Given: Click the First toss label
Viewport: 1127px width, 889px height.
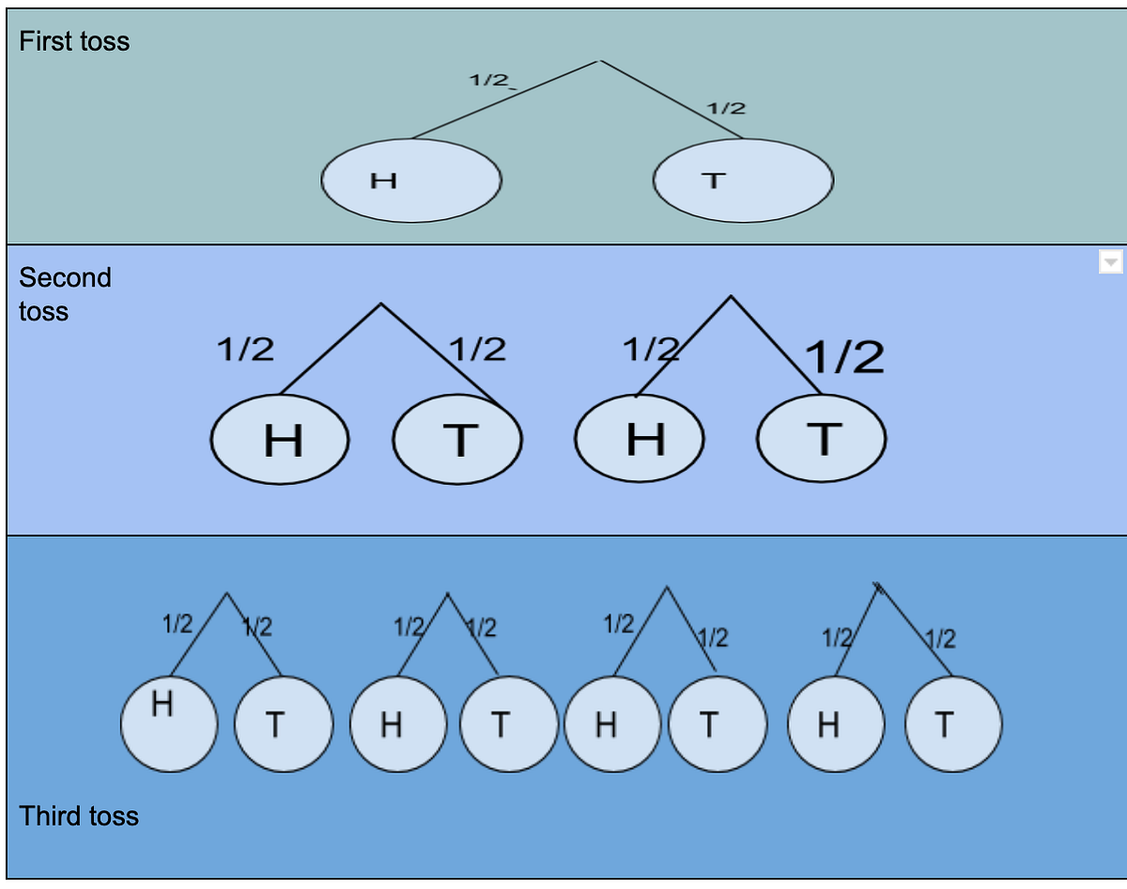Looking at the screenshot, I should point(74,41).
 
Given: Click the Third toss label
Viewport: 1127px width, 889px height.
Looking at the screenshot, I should point(79,816).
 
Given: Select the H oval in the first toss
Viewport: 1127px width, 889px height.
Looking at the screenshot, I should point(410,180).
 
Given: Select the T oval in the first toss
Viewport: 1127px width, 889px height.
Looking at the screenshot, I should point(742,180).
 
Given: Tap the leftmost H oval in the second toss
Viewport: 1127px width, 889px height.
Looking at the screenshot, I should point(280,439).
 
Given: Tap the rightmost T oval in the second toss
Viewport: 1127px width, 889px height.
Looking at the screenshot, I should point(822,439).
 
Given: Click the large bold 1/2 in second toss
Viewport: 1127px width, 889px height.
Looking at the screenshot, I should point(844,357).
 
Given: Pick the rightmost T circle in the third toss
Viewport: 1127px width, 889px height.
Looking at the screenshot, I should point(952,724).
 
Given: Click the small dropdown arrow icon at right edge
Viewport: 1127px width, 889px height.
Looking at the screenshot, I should point(1110,262).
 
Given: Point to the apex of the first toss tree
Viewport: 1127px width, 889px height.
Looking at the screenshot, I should point(598,61).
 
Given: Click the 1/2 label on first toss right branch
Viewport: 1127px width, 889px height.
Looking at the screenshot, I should point(726,108).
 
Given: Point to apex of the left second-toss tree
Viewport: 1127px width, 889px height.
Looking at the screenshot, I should point(380,304).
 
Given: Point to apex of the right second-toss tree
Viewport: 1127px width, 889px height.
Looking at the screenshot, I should point(731,296).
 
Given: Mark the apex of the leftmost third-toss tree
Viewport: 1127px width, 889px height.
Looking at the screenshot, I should point(226,593).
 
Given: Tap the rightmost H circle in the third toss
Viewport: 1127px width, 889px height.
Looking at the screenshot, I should point(836,724).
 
